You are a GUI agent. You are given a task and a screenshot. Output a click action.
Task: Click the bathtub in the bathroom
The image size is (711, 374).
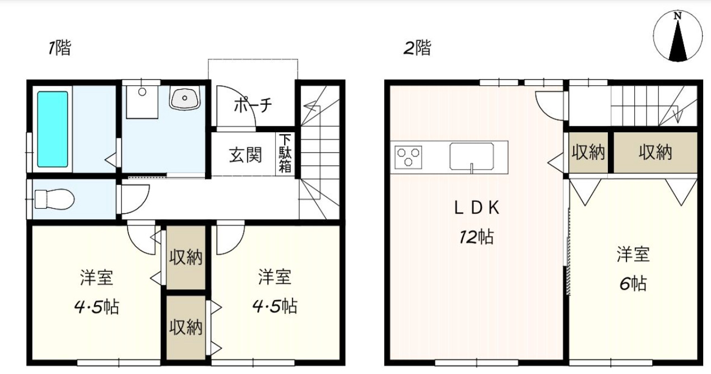tap(53, 129)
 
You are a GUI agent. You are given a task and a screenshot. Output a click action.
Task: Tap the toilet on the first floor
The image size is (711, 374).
tap(54, 199)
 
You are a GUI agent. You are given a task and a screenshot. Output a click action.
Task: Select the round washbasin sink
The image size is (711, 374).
tap(185, 98)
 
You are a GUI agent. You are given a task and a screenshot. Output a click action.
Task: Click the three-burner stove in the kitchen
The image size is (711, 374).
tap(408, 157)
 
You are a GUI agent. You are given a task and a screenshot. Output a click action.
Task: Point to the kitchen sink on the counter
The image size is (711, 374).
tap(472, 156)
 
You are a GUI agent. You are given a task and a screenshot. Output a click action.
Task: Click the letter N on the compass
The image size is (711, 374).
tap(678, 16)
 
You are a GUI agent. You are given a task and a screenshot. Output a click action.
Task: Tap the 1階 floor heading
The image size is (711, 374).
tap(59, 48)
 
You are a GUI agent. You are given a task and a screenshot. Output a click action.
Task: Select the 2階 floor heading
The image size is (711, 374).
tap(417, 48)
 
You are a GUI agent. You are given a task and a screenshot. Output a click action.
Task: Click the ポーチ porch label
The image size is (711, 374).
tap(253, 105)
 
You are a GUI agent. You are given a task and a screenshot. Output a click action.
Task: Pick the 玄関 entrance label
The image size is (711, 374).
tap(245, 155)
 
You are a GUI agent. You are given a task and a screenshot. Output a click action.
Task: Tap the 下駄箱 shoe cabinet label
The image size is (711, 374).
tap(285, 154)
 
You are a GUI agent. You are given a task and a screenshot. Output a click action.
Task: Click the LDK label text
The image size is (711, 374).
tap(477, 208)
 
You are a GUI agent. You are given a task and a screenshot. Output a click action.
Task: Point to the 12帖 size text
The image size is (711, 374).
tap(476, 237)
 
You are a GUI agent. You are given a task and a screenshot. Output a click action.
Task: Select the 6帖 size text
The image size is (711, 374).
tap(633, 284)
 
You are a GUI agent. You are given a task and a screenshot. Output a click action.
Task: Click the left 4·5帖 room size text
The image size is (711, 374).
tap(96, 307)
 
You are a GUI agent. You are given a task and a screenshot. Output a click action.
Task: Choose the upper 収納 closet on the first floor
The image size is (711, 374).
tap(186, 257)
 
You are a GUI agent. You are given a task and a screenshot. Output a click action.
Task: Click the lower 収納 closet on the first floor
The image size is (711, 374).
tap(186, 327)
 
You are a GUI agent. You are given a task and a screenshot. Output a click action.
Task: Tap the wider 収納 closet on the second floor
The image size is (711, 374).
tap(655, 153)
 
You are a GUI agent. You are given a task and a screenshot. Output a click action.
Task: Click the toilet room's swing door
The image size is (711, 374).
tap(133, 199)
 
